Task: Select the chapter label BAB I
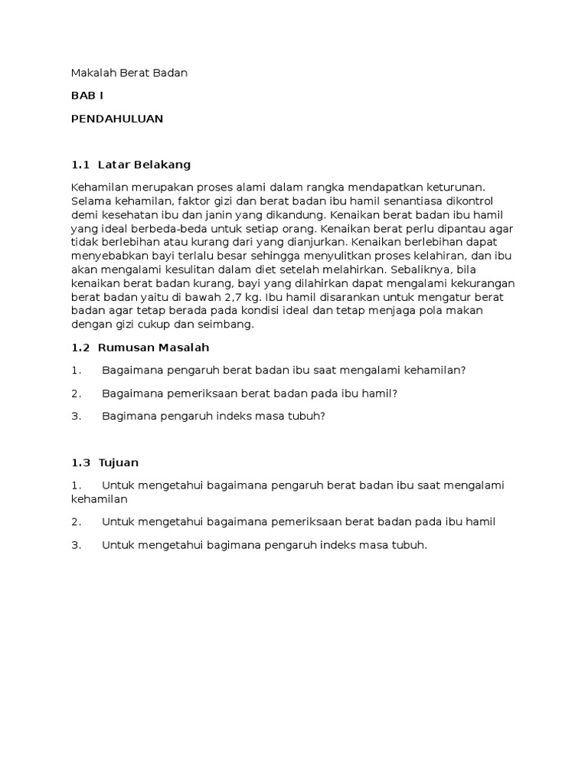point(87,96)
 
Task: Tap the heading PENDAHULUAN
point(117,119)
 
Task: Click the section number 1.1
point(80,165)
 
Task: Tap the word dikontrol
point(466,201)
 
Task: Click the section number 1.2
point(80,348)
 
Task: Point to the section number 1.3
point(80,462)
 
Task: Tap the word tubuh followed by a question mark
point(306,416)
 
